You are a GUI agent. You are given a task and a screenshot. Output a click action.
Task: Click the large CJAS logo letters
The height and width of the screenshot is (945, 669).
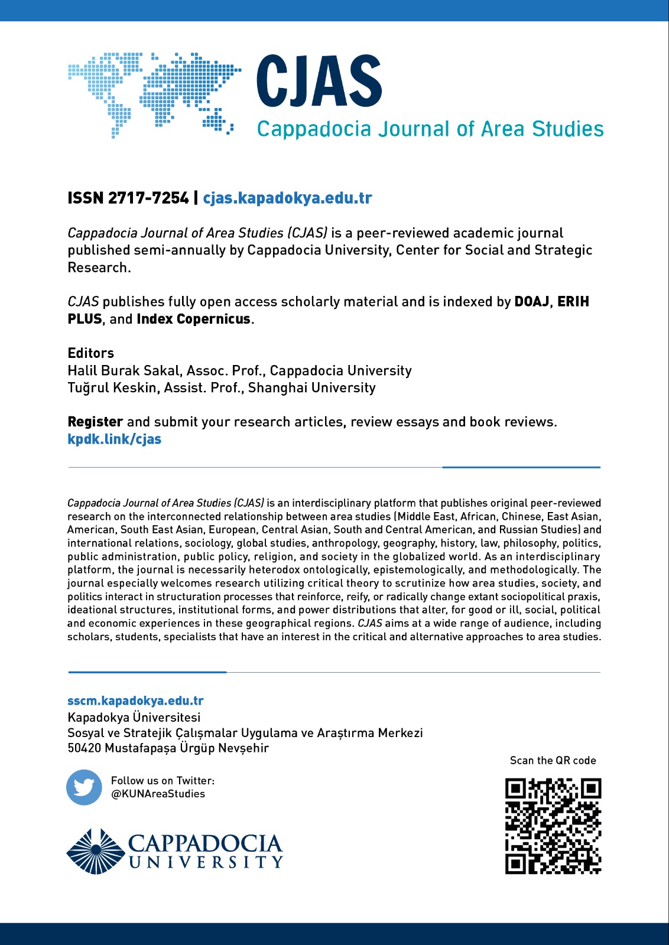tap(319, 82)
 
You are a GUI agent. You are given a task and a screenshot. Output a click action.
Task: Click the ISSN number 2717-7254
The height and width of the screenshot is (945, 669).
tap(148, 198)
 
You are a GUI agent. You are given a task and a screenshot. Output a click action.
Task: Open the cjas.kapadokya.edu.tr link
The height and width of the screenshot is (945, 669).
tap(287, 198)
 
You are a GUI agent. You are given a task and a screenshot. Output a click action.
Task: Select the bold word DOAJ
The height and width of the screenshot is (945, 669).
tap(532, 302)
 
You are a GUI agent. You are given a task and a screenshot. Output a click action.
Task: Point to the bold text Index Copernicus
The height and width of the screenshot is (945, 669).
tap(194, 319)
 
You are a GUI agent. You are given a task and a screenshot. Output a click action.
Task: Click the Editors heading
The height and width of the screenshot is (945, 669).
tap(91, 353)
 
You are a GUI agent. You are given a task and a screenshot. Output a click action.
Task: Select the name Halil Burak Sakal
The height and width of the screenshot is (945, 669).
tap(124, 370)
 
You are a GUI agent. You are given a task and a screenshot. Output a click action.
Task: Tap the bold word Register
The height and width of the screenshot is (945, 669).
tap(95, 422)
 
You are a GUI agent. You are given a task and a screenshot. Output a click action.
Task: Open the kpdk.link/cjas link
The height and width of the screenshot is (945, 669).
tap(115, 439)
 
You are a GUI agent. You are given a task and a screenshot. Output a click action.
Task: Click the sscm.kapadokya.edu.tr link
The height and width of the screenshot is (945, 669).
tap(135, 701)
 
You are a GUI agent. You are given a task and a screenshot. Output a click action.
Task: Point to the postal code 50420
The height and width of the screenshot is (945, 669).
tap(85, 748)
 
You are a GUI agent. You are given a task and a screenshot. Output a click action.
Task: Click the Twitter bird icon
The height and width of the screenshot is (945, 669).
tap(84, 787)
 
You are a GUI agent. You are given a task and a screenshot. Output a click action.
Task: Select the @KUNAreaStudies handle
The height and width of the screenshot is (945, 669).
tap(158, 794)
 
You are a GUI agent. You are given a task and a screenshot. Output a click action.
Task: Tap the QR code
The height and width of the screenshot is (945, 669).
tap(553, 826)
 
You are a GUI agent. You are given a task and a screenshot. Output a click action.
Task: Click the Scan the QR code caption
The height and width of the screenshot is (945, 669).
tap(553, 761)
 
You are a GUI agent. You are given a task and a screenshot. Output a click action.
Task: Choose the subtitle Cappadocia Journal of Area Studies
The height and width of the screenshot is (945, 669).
tap(430, 129)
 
